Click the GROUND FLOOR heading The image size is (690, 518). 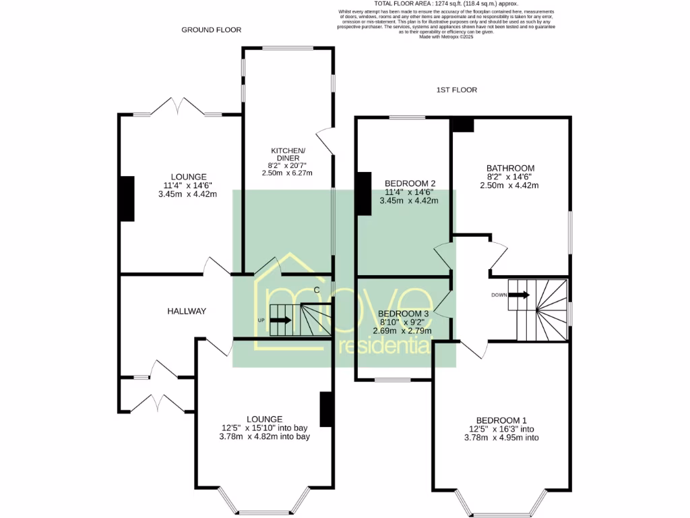(x=211, y=30)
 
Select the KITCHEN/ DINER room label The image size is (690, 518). (x=288, y=154)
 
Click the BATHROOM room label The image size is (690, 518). (x=510, y=169)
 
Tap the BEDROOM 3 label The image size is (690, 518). (x=403, y=314)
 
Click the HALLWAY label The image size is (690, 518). (x=187, y=311)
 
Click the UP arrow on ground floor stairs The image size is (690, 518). (x=282, y=320)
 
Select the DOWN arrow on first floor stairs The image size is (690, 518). (x=520, y=295)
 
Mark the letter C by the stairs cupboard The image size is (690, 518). (x=316, y=291)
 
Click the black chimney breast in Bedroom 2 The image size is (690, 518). (x=364, y=194)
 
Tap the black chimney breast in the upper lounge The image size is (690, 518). (x=126, y=199)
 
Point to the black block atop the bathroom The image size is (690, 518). (x=462, y=125)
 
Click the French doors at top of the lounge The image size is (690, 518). (x=178, y=107)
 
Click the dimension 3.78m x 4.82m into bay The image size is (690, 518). (x=264, y=436)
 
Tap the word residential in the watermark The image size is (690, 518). (x=383, y=347)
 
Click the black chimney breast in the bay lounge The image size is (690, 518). (x=326, y=409)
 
